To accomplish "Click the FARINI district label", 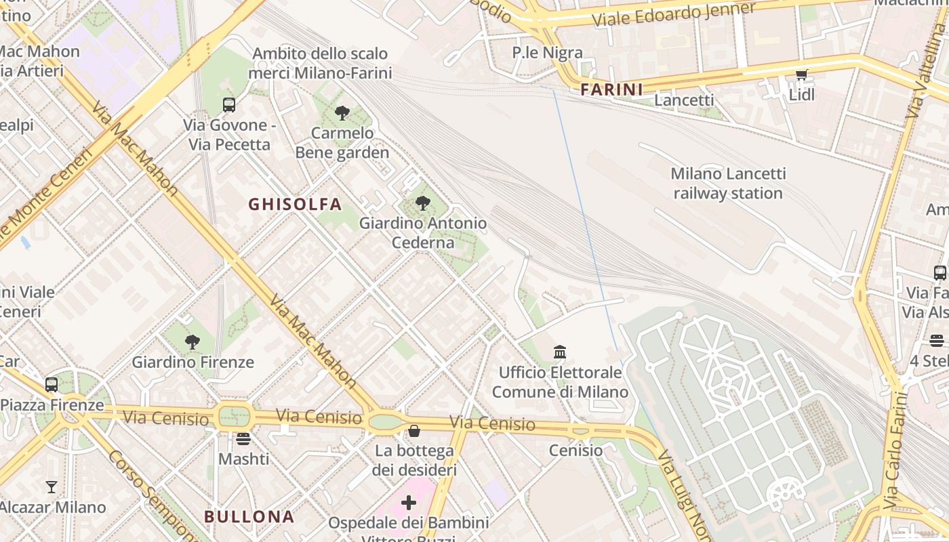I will tap(611, 89).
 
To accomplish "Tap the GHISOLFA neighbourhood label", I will tap(295, 204).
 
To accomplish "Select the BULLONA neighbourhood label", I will tap(249, 516).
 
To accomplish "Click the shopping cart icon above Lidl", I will tap(802, 75).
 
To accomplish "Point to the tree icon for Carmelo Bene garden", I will tap(342, 113).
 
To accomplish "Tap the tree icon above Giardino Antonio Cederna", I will tap(423, 203).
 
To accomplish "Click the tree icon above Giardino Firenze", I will tap(193, 342).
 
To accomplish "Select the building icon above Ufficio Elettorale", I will tap(560, 352).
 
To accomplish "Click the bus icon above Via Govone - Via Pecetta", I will tap(229, 105).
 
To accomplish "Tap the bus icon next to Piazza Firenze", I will tap(52, 385).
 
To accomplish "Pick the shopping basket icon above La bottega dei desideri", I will tap(414, 431).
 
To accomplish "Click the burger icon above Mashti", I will tap(243, 439).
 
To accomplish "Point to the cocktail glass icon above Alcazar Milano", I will tap(52, 486).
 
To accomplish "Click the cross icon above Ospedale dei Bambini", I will tap(409, 503).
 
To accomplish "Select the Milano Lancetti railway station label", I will tap(728, 184).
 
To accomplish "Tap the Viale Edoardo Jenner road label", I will tap(674, 15).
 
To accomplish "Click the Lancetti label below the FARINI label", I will tap(684, 100).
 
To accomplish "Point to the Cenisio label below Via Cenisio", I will tap(576, 451).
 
